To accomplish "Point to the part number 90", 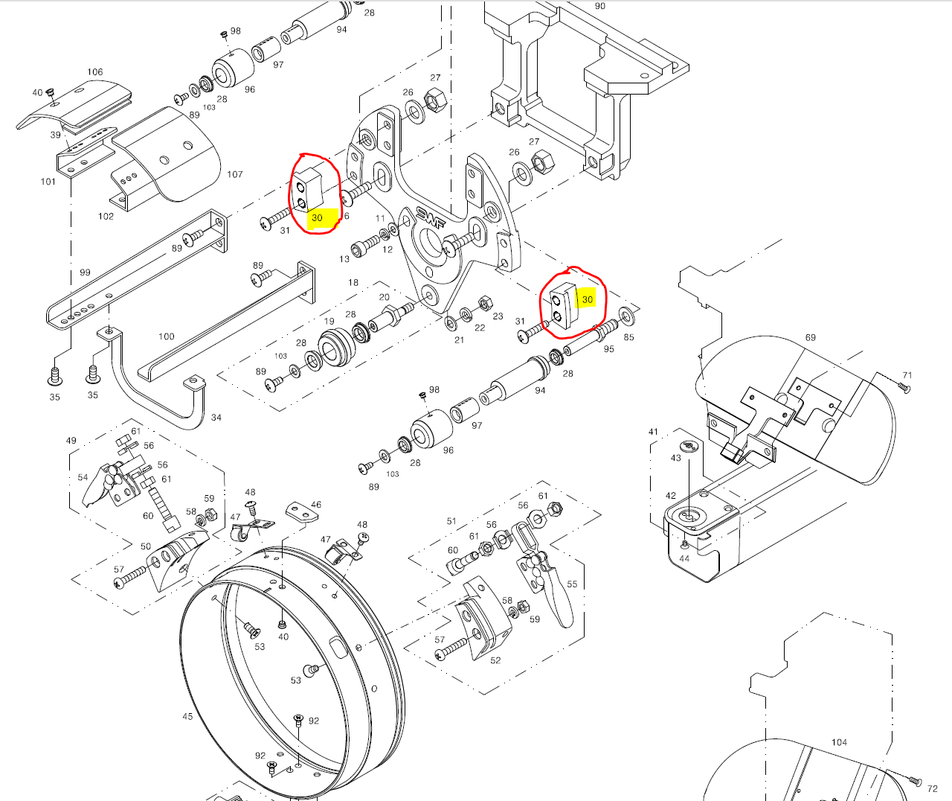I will click(x=600, y=6).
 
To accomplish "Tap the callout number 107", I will click(x=235, y=174).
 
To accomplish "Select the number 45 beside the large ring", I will click(x=187, y=716).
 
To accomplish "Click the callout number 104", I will click(x=839, y=742).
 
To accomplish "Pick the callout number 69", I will click(x=810, y=337).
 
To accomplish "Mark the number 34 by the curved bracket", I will click(x=216, y=418).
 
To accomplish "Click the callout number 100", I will click(x=167, y=336).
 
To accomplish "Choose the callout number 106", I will click(x=95, y=72).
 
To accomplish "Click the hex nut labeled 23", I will click(x=483, y=303).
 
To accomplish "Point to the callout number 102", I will click(x=106, y=216).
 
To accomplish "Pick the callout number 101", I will click(x=48, y=181).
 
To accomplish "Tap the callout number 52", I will click(x=495, y=660).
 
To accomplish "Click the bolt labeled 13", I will click(x=367, y=243).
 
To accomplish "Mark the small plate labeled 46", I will click(x=299, y=511).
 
